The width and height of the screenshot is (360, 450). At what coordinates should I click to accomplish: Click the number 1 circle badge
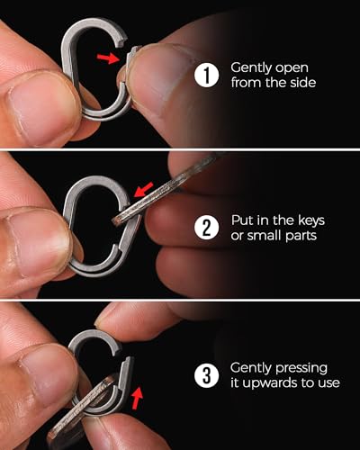[x=209, y=75]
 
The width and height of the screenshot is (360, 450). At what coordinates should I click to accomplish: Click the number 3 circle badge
[x=209, y=375]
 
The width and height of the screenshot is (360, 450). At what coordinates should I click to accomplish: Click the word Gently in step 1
[x=251, y=67]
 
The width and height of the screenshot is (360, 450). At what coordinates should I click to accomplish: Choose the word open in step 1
[x=292, y=67]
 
